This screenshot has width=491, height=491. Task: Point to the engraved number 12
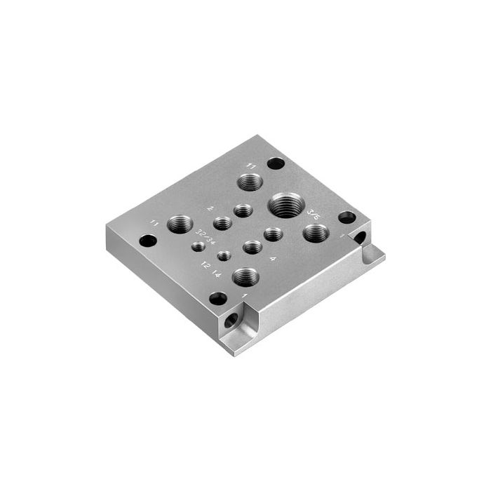pos(205,265)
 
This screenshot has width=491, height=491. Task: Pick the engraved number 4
pos(272,259)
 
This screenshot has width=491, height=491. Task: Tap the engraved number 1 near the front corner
pos(244,295)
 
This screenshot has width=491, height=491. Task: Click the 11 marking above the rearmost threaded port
pos(251,166)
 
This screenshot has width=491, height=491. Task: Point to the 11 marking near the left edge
pos(154,223)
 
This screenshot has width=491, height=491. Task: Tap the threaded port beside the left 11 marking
pos(180,224)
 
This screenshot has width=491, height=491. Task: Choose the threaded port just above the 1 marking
pos(245,276)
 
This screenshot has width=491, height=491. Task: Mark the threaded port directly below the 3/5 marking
pos(316,233)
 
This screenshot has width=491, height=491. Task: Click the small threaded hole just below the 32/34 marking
pos(199,245)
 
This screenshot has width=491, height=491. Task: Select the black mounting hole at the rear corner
pos(276,163)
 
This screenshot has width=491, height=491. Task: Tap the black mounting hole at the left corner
pos(148,241)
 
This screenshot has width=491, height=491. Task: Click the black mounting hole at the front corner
pos(218,298)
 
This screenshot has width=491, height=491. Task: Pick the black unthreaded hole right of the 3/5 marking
pos(347,217)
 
